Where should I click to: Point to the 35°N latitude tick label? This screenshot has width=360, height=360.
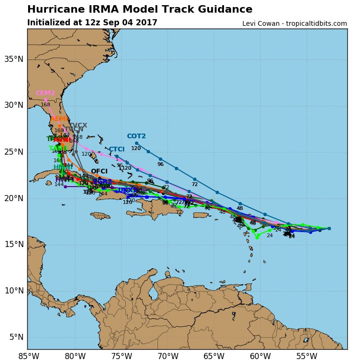14,59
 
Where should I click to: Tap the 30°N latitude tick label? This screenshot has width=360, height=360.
14,105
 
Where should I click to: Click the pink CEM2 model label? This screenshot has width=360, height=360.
45,93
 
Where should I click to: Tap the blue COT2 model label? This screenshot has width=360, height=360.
136,136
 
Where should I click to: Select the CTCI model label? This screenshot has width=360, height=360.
117,150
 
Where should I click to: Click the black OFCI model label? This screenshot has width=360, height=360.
99,171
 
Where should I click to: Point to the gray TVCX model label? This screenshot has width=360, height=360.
78,125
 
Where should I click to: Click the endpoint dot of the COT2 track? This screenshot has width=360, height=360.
136,143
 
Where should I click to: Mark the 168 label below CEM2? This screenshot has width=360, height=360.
45,105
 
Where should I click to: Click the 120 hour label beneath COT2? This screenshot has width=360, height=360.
136,149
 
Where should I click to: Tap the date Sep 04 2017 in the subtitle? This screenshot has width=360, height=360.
134,23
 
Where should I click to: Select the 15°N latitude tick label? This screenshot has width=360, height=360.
14,244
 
